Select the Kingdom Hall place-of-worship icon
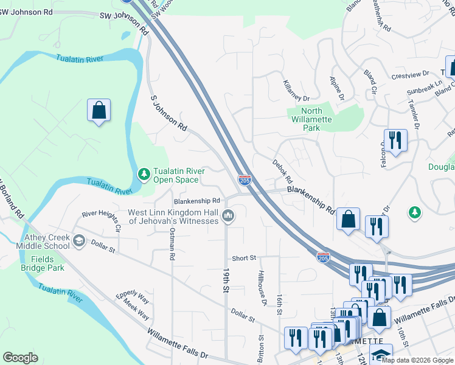point(228,215)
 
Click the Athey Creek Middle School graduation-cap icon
point(78,242)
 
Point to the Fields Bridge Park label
point(43,263)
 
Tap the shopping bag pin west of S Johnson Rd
point(99,111)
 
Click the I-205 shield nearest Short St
point(324,257)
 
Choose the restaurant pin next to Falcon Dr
point(395,141)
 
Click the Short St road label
point(244,258)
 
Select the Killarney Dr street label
point(297,90)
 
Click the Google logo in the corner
point(21,358)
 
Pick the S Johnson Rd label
point(168,112)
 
